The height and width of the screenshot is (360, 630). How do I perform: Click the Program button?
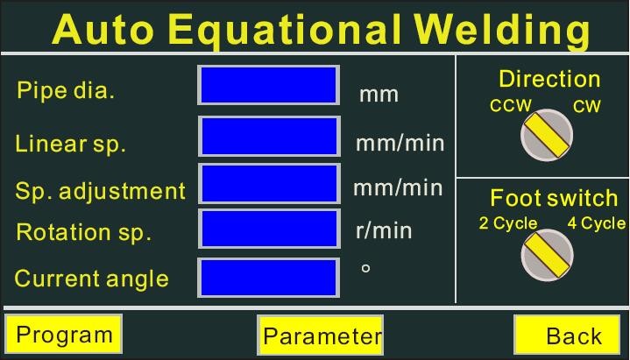pyautogui.click(x=63, y=334)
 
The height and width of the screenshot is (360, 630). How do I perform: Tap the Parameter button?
pyautogui.click(x=320, y=335)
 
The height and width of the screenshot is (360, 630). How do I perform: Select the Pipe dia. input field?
pyautogui.click(x=268, y=85)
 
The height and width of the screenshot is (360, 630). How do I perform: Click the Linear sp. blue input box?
pyautogui.click(x=269, y=137)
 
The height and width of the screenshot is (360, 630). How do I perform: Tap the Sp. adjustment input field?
pyautogui.click(x=269, y=183)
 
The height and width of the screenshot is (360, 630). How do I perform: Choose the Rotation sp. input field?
pyautogui.click(x=269, y=229)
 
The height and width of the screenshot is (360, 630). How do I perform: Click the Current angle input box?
pyautogui.click(x=268, y=278)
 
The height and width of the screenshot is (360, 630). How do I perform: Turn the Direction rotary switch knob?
pyautogui.click(x=547, y=135)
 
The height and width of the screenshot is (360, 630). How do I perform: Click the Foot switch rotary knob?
pyautogui.click(x=548, y=255)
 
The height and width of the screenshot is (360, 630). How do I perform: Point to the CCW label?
pyautogui.click(x=511, y=106)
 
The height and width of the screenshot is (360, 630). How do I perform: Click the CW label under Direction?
pyautogui.click(x=586, y=107)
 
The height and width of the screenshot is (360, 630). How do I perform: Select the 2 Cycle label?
pyautogui.click(x=508, y=223)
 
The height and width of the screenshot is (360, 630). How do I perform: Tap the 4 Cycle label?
pyautogui.click(x=597, y=223)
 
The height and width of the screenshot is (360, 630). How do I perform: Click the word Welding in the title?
pyautogui.click(x=502, y=30)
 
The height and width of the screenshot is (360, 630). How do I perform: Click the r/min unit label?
pyautogui.click(x=384, y=230)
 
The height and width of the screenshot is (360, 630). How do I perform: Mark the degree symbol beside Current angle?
pyautogui.click(x=365, y=268)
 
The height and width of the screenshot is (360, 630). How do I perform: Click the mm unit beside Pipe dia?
pyautogui.click(x=379, y=95)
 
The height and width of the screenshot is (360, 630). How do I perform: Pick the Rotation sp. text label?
pyautogui.click(x=83, y=232)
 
